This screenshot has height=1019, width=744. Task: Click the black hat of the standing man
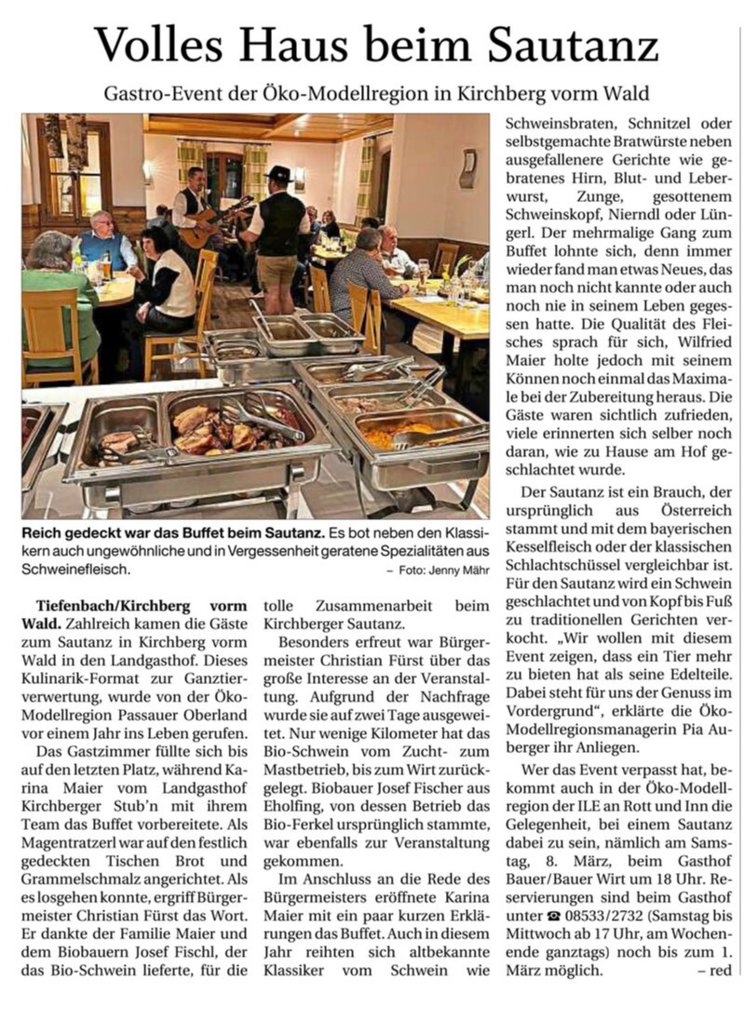tap(277, 174)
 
